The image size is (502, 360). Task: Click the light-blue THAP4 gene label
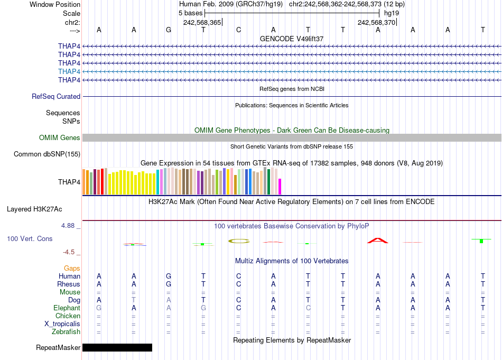click(69, 71)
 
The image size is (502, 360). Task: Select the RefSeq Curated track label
click(56, 97)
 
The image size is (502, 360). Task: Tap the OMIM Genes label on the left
click(60, 138)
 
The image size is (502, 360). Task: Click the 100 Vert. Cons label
click(30, 239)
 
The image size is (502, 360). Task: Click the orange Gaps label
click(72, 269)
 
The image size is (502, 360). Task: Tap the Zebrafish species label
click(67, 332)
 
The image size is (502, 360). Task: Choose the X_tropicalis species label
click(62, 324)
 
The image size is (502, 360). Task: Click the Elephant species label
click(67, 308)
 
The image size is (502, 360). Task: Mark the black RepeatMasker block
click(117, 348)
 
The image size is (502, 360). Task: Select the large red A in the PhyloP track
click(377, 241)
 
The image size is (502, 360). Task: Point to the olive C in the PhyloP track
click(238, 241)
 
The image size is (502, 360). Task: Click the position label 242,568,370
click(376, 22)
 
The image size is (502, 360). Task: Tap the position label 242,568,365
click(202, 22)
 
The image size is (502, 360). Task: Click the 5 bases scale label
click(190, 13)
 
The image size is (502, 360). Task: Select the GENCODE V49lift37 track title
click(292, 39)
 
